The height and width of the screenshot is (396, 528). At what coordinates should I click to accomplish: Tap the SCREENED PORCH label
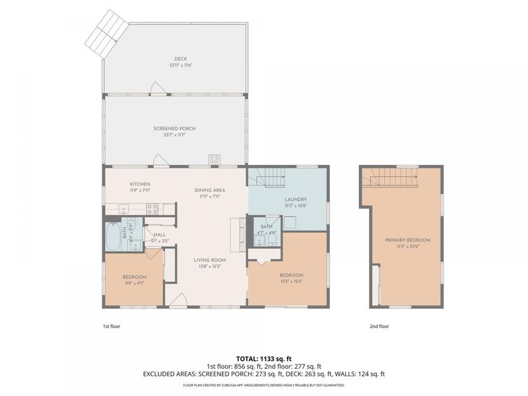point(174,128)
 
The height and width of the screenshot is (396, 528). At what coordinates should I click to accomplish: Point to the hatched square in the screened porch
point(214,160)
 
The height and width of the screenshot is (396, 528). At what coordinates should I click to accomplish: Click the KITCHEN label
point(140,183)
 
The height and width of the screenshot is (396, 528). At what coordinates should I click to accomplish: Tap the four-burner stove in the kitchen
point(152,209)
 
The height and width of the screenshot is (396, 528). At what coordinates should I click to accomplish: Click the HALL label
point(160,234)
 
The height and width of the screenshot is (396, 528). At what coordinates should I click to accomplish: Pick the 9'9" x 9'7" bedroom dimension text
point(135,282)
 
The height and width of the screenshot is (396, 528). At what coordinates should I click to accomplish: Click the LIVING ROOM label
point(210,260)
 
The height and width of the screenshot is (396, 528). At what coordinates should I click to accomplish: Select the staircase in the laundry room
point(269,177)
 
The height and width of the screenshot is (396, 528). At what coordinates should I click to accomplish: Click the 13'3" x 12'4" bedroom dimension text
point(291,281)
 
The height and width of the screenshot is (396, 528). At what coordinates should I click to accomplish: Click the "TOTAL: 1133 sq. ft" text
point(264,358)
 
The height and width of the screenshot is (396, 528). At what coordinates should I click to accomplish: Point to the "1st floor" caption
point(112,326)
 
